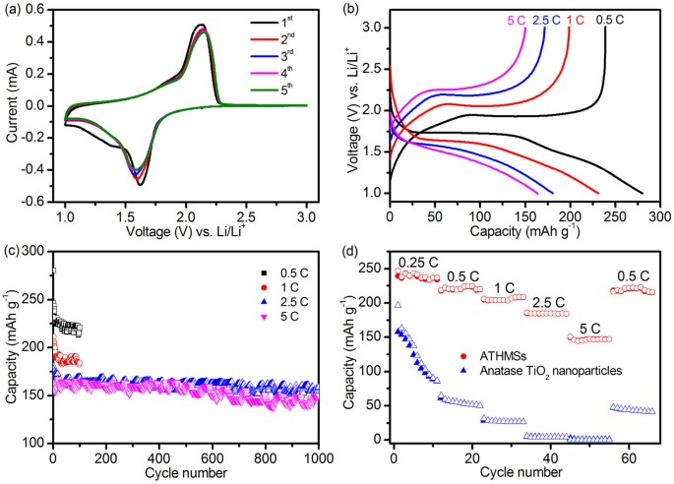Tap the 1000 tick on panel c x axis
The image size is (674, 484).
[317, 457]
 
